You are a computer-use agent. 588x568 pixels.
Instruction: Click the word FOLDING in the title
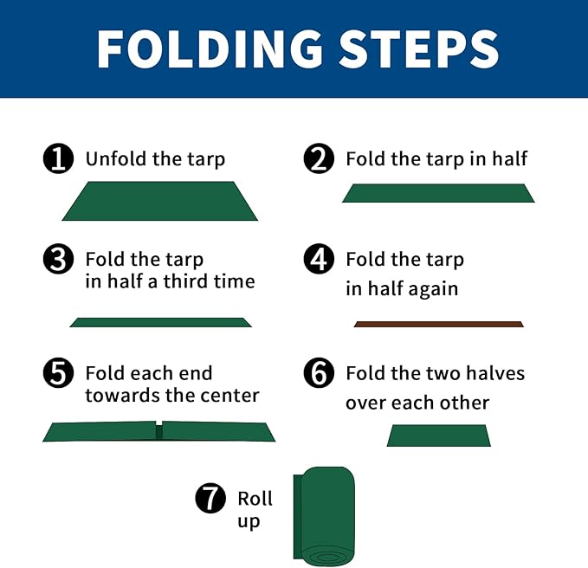[x=210, y=48]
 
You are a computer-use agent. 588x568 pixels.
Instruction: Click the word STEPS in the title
[x=419, y=48]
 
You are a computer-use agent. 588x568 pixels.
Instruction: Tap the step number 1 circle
[x=58, y=158]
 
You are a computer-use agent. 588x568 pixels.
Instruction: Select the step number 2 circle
[x=319, y=158]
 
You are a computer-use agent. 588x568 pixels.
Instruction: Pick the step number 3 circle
[x=58, y=259]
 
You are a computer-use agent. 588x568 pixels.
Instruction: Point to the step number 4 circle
[x=319, y=259]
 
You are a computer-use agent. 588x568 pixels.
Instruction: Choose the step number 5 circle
[x=58, y=372]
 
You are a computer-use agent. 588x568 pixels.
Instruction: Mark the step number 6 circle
[x=319, y=372]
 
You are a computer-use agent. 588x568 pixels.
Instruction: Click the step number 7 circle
[x=210, y=498]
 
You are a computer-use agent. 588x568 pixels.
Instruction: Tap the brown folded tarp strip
[x=438, y=325]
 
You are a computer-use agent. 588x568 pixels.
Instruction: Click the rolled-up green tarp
[x=324, y=516]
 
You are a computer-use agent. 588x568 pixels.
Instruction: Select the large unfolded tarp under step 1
[x=159, y=201]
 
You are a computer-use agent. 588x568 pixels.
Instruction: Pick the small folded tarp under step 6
[x=439, y=436]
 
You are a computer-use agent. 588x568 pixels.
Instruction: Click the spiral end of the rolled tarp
[x=327, y=556]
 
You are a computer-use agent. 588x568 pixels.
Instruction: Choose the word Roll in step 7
[x=255, y=499]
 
